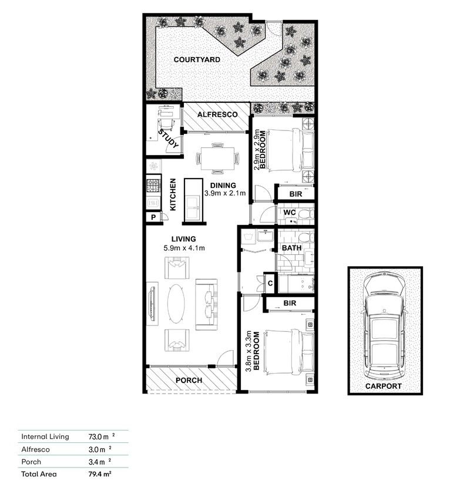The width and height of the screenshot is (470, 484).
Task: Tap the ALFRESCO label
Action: point(217,115)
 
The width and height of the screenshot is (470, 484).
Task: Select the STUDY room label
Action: point(169,140)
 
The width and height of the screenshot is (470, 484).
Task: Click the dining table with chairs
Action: point(217,157)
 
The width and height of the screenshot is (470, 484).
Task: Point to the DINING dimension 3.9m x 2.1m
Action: point(224,193)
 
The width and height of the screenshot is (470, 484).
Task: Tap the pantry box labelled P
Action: point(153,217)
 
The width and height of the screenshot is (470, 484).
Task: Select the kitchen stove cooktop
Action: point(154,186)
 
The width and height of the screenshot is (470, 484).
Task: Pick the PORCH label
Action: point(189,381)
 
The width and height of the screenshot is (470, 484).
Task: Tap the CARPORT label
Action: point(383,386)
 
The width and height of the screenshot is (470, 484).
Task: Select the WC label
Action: point(288,211)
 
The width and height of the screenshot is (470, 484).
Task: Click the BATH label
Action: point(291,248)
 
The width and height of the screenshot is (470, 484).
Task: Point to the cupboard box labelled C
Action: point(270,283)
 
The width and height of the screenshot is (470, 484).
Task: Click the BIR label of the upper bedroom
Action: point(296,193)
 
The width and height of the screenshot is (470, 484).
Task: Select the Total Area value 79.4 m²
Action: point(100,473)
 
